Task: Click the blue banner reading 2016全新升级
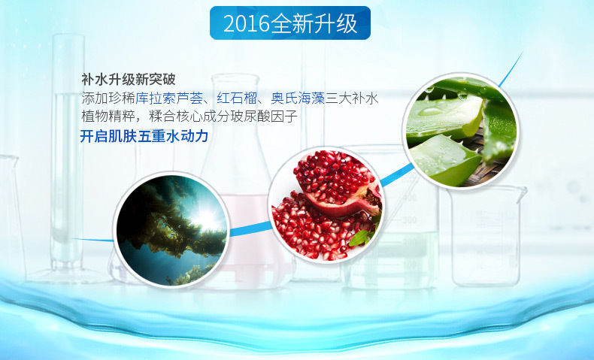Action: [x=290, y=23]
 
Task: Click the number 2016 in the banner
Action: [x=247, y=23]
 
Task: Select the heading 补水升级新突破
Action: [x=129, y=80]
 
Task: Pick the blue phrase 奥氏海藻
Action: [x=298, y=98]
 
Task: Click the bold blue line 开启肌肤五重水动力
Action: [x=144, y=136]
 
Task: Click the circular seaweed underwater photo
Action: [x=171, y=230]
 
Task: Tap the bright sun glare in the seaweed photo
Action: [x=206, y=219]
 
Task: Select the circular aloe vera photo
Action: [x=461, y=132]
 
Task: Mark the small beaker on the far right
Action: [x=486, y=235]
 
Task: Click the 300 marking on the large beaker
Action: [x=409, y=219]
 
